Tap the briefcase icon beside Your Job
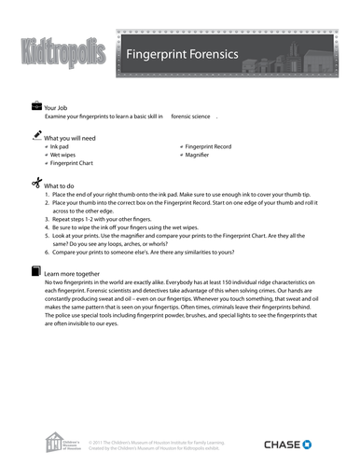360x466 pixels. pos(36,107)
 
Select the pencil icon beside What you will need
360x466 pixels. pos(36,135)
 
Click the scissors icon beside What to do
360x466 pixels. pos(36,182)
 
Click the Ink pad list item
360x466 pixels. pos(60,146)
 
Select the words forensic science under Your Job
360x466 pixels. pos(191,117)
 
